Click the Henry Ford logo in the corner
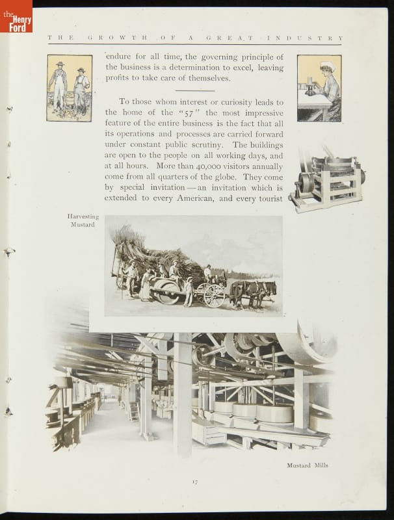click(16, 16)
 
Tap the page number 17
click(194, 481)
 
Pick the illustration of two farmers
click(70, 88)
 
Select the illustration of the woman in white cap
click(319, 88)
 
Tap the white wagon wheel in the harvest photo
click(213, 295)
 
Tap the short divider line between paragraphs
click(194, 90)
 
